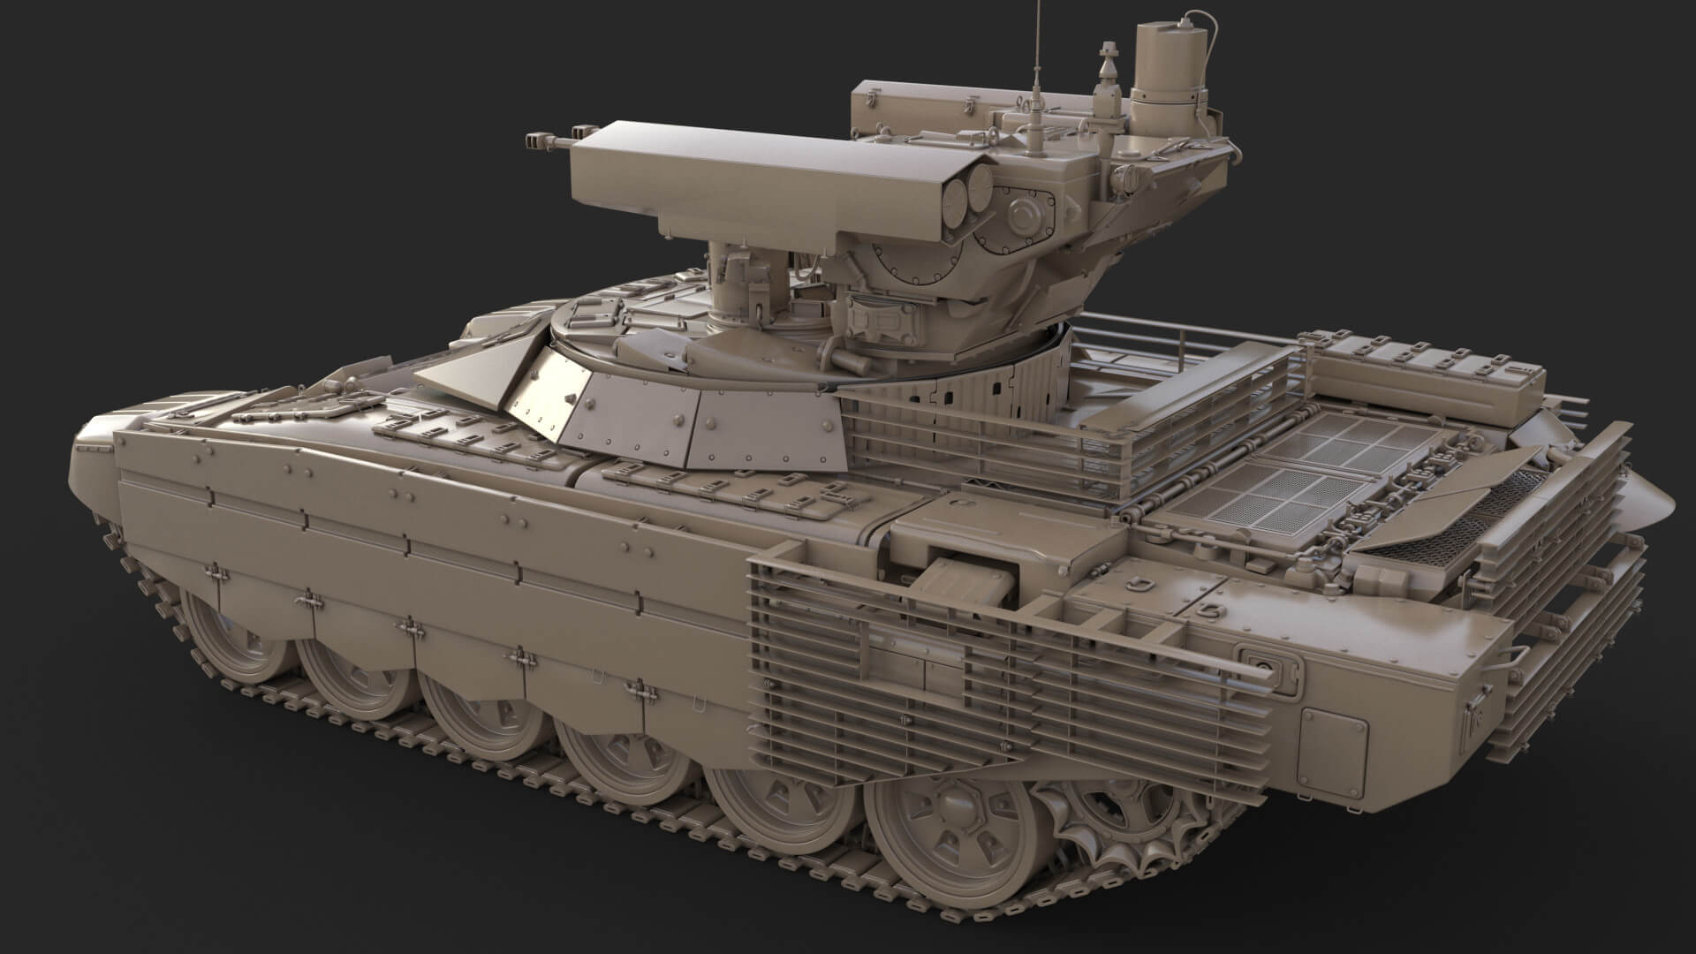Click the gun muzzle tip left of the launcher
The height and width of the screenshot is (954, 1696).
point(535,139)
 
